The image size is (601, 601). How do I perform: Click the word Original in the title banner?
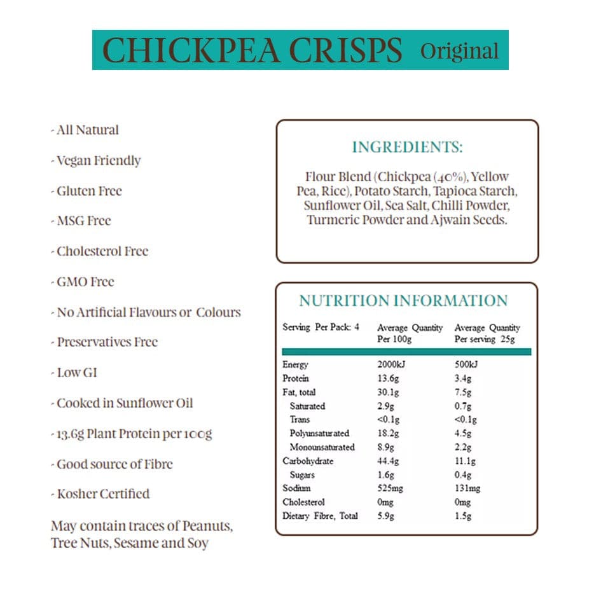click(x=459, y=51)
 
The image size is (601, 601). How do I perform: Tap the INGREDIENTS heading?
click(x=407, y=148)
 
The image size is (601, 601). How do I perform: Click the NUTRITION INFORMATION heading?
click(x=403, y=301)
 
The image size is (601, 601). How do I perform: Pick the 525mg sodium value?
click(x=390, y=488)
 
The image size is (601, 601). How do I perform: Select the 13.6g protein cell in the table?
click(x=387, y=378)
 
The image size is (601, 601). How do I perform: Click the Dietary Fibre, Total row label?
click(x=320, y=516)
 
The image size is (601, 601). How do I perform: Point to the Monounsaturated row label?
click(x=322, y=447)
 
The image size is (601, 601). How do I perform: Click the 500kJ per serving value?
click(x=466, y=364)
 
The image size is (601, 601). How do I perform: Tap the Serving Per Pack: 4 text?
click(x=321, y=328)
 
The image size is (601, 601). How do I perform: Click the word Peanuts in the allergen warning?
click(x=207, y=527)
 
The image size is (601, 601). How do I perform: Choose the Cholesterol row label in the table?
click(x=303, y=502)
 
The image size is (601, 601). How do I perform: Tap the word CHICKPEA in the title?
click(x=190, y=51)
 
